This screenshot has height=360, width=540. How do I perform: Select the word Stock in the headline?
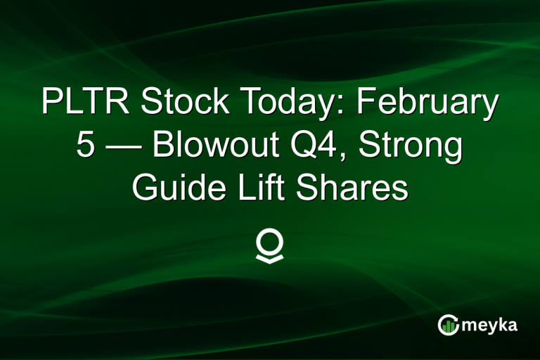pos(182,103)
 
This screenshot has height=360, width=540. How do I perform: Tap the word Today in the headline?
pos(284,103)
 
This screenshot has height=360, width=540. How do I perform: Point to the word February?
pos(426,103)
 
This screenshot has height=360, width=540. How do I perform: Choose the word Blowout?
pos(217,146)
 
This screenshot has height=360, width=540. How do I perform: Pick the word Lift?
pos(262,189)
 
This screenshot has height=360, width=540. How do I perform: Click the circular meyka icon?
pos(449,324)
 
